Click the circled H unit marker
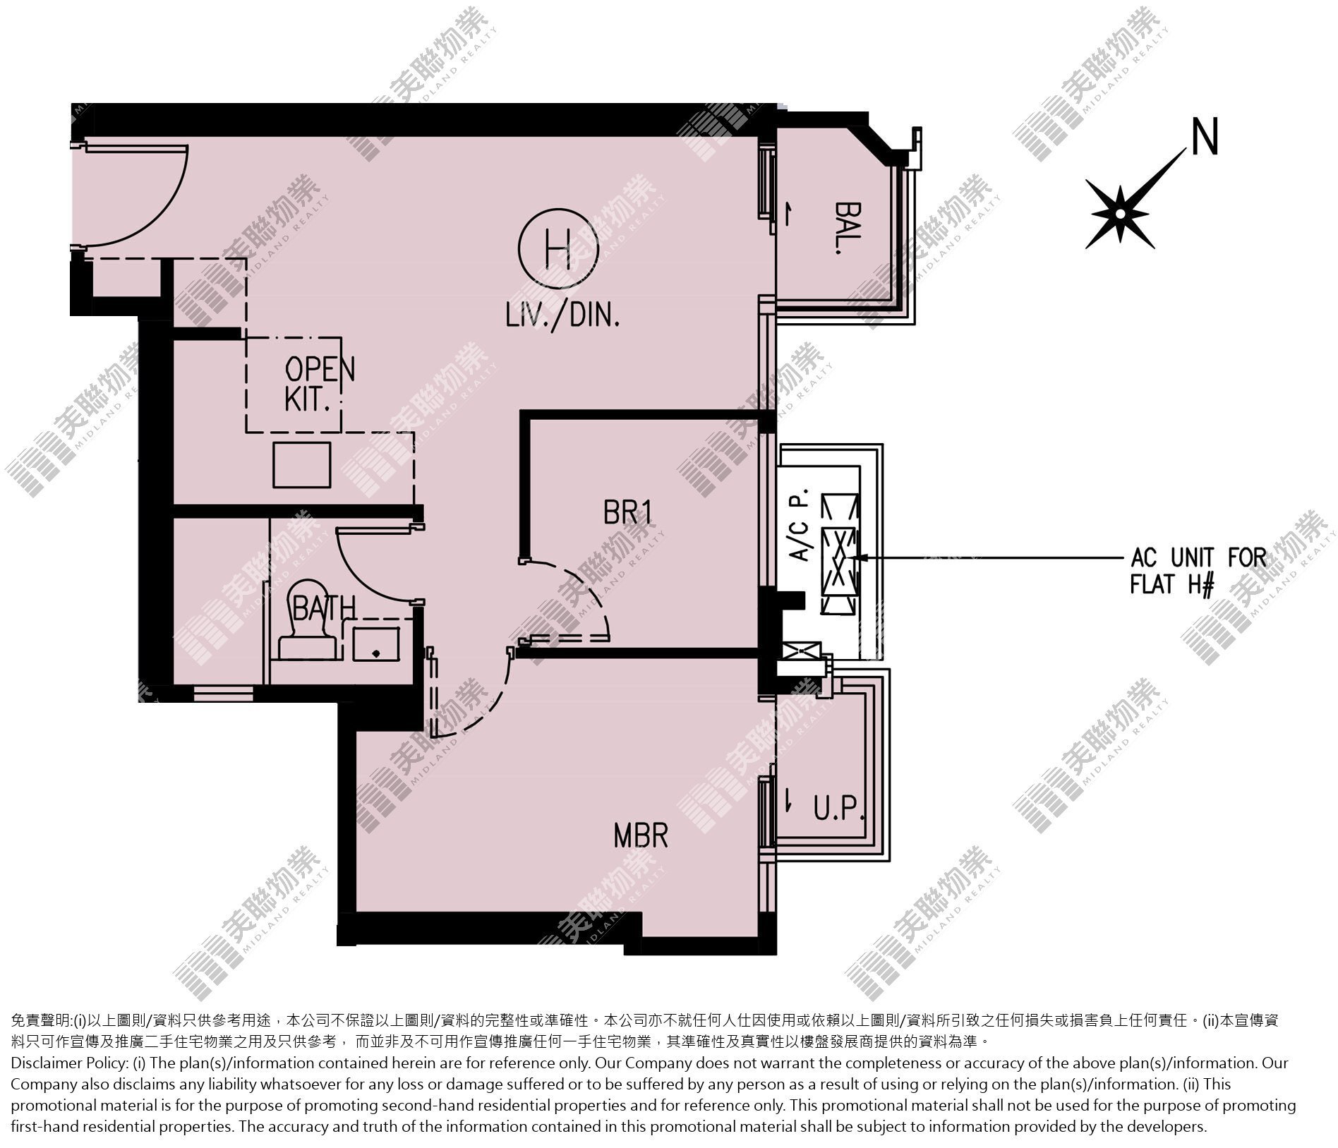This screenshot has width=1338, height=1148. [x=557, y=248]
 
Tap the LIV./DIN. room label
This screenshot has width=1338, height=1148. [x=562, y=315]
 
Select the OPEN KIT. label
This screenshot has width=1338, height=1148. [x=319, y=383]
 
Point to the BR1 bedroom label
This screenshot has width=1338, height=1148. [x=627, y=512]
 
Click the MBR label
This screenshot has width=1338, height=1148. [x=640, y=836]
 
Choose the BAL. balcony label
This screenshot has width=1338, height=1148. [x=846, y=228]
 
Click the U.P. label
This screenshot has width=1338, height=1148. [x=839, y=810]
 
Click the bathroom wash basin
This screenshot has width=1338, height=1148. [x=375, y=644]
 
